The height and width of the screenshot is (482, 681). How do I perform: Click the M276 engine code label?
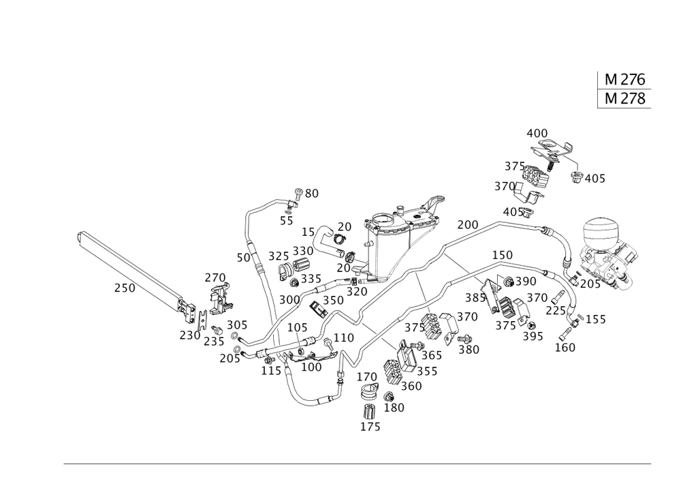(625, 79)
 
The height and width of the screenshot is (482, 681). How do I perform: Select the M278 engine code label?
(625, 99)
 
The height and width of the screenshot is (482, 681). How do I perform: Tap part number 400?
(537, 132)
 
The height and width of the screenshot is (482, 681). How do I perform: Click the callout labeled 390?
(526, 282)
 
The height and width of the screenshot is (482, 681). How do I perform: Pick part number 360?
(411, 386)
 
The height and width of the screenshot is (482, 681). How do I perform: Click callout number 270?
(215, 277)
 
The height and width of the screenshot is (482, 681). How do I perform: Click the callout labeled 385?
(475, 298)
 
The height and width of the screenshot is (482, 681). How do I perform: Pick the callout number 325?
(279, 256)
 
